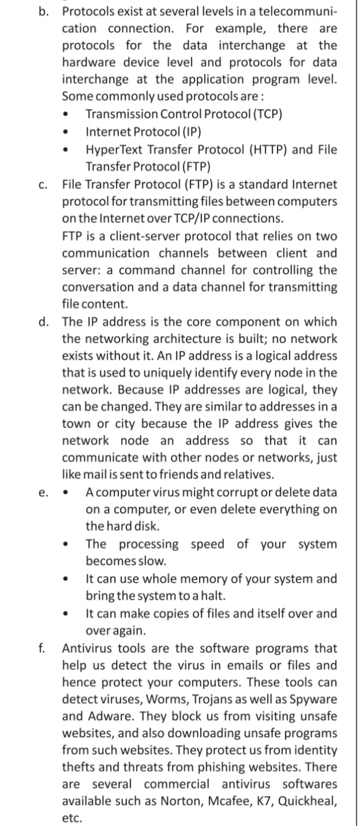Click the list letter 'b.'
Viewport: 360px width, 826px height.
click(43, 12)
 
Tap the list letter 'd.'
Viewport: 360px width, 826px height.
click(43, 321)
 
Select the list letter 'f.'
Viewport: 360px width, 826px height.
click(42, 648)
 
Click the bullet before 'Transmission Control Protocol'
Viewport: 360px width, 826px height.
click(66, 114)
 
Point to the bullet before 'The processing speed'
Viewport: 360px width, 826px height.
click(66, 544)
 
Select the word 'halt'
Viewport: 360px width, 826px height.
click(214, 595)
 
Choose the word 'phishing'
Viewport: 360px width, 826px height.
click(222, 767)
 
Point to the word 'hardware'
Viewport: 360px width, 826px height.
click(89, 62)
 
